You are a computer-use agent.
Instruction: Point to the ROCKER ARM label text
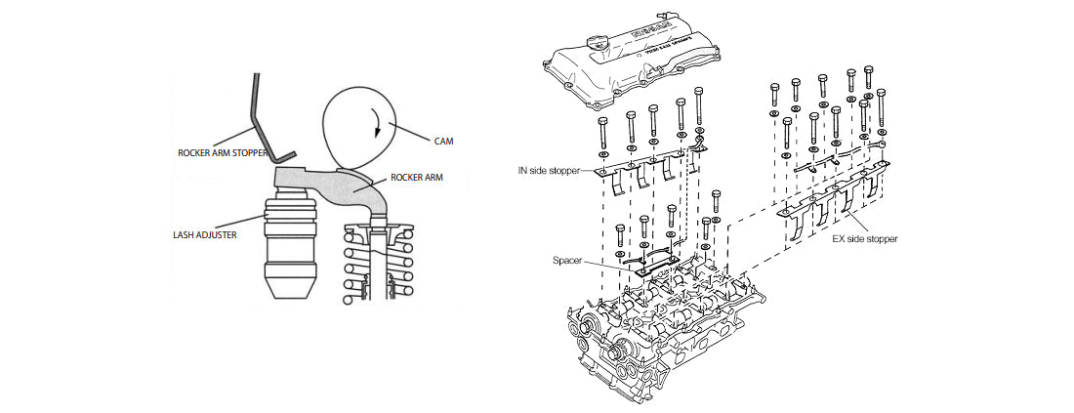419,179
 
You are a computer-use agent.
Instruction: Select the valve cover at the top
635,63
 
